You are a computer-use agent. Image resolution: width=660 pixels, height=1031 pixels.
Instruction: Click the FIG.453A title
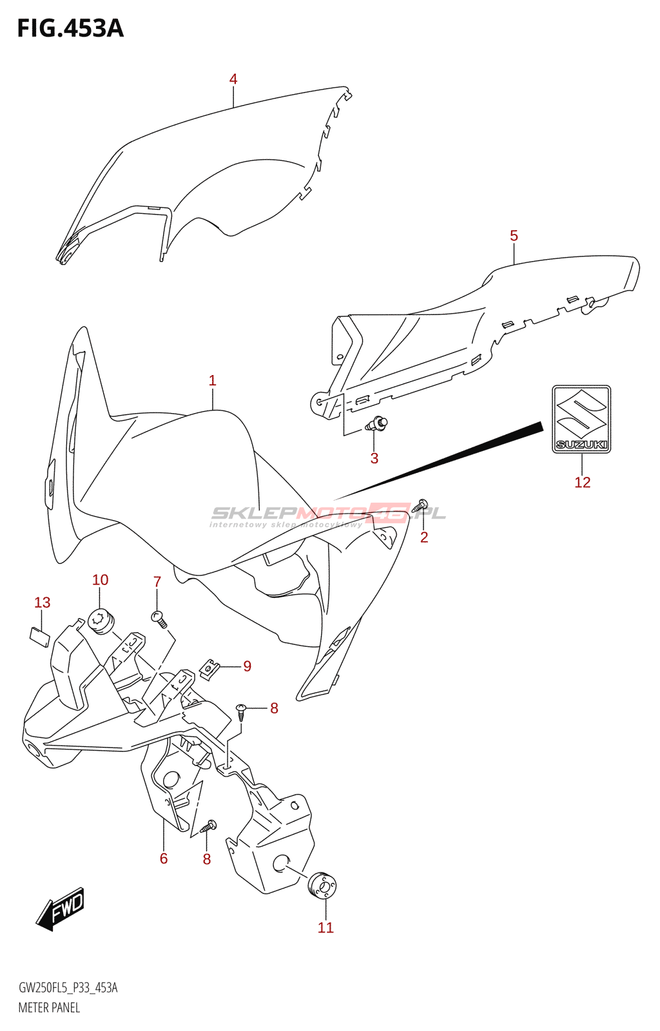tap(70, 28)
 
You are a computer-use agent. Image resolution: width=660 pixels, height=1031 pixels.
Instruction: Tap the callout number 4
tap(233, 79)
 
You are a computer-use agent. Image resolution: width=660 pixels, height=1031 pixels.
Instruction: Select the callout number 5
tap(514, 236)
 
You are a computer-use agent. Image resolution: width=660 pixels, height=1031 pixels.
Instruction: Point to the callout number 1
tap(212, 381)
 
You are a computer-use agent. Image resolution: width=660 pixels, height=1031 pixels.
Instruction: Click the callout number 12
tap(582, 483)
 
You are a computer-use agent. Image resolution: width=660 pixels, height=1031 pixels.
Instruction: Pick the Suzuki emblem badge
tap(581, 419)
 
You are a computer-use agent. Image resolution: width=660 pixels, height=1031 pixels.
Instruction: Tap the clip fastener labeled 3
tap(377, 423)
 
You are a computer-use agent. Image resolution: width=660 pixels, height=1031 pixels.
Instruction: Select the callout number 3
tap(374, 458)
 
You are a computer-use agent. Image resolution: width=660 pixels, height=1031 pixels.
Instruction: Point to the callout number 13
tap(43, 602)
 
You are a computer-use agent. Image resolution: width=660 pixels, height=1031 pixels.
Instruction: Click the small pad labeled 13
tap(39, 637)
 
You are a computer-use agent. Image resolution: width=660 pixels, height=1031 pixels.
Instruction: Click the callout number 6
tap(164, 858)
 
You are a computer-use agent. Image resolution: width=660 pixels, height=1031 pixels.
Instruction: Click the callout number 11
tap(325, 927)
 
